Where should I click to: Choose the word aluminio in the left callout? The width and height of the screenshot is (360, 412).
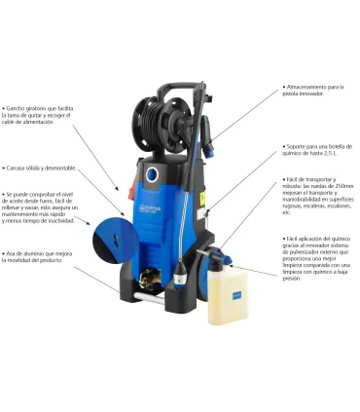point(41,253)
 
